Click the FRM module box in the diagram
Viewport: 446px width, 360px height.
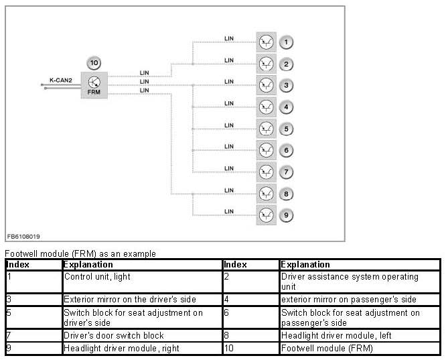pyautogui.click(x=94, y=85)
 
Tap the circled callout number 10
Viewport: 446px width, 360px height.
pyautogui.click(x=94, y=64)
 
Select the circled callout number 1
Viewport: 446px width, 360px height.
pyautogui.click(x=286, y=43)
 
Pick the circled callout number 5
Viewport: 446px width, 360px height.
pyautogui.click(x=286, y=129)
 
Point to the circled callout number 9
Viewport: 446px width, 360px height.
pyautogui.click(x=286, y=215)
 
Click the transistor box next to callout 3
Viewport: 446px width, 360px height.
pyautogui.click(x=266, y=86)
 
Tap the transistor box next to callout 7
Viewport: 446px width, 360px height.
pyautogui.click(x=266, y=172)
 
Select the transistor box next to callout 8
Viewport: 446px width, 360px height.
pyautogui.click(x=266, y=193)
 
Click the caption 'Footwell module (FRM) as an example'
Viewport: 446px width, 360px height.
pyautogui.click(x=80, y=254)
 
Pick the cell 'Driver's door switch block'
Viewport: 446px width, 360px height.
pyautogui.click(x=114, y=335)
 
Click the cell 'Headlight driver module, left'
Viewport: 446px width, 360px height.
pyautogui.click(x=336, y=335)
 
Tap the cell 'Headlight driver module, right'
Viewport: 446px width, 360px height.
pyautogui.click(x=121, y=348)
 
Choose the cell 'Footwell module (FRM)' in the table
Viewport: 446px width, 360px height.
pyautogui.click(x=327, y=348)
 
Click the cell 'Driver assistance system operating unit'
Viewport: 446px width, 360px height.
pyautogui.click(x=349, y=281)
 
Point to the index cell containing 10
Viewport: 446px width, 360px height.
pyautogui.click(x=230, y=348)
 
